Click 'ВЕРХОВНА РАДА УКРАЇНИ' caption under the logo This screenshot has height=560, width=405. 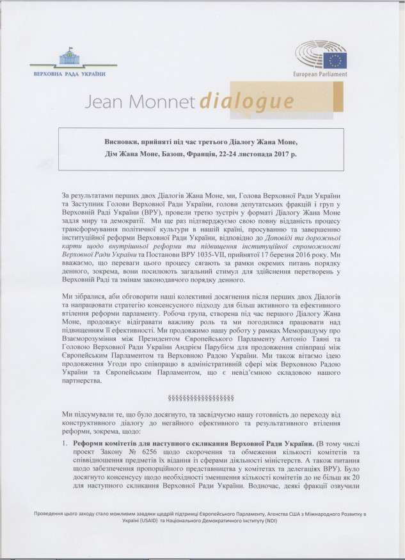click(x=69, y=74)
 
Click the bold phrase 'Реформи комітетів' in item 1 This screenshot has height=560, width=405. click(x=109, y=443)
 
